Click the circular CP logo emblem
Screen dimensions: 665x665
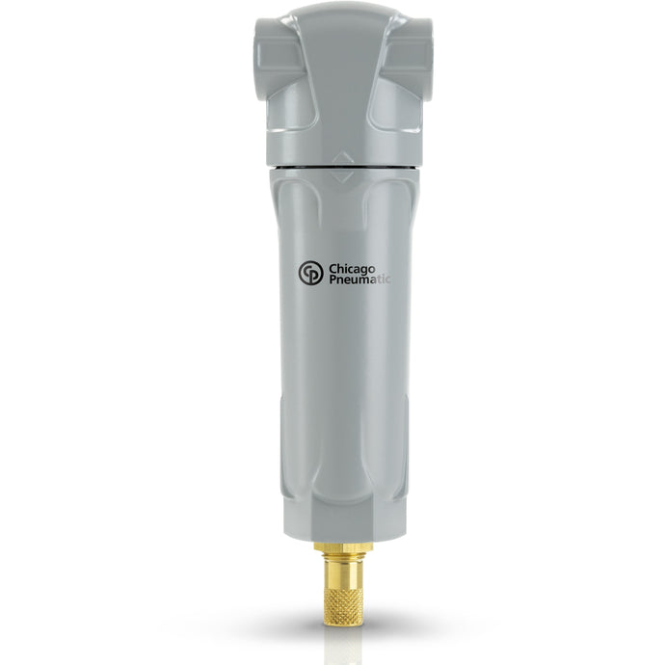[x=310, y=273]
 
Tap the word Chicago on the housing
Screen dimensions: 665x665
[x=352, y=269]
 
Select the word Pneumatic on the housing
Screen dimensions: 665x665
[x=360, y=279]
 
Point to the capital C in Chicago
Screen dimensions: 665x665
[x=333, y=269]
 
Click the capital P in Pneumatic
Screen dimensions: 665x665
[x=333, y=279]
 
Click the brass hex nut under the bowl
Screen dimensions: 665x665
[x=343, y=547]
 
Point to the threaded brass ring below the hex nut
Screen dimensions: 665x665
[x=343, y=556]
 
